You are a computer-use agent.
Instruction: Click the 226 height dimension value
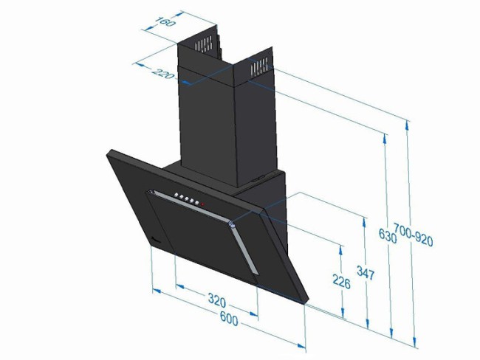coord(341,281)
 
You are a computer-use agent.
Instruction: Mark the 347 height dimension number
coord(365,274)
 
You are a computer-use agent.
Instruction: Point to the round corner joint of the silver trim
coord(233,224)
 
